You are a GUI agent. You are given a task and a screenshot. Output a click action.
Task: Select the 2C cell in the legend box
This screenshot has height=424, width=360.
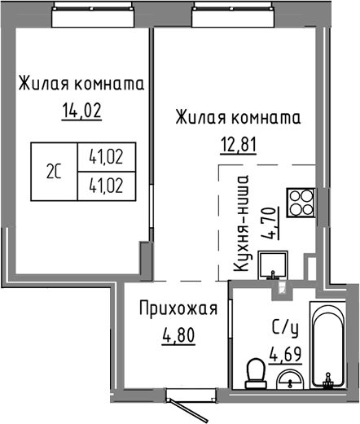click(x=53, y=171)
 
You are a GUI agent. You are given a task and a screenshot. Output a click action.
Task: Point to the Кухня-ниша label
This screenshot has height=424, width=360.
click(x=240, y=222)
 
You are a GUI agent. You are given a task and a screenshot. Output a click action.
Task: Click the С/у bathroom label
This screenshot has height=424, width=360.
click(x=283, y=330)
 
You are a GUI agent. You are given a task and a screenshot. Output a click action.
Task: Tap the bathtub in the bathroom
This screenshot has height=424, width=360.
click(x=330, y=346)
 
